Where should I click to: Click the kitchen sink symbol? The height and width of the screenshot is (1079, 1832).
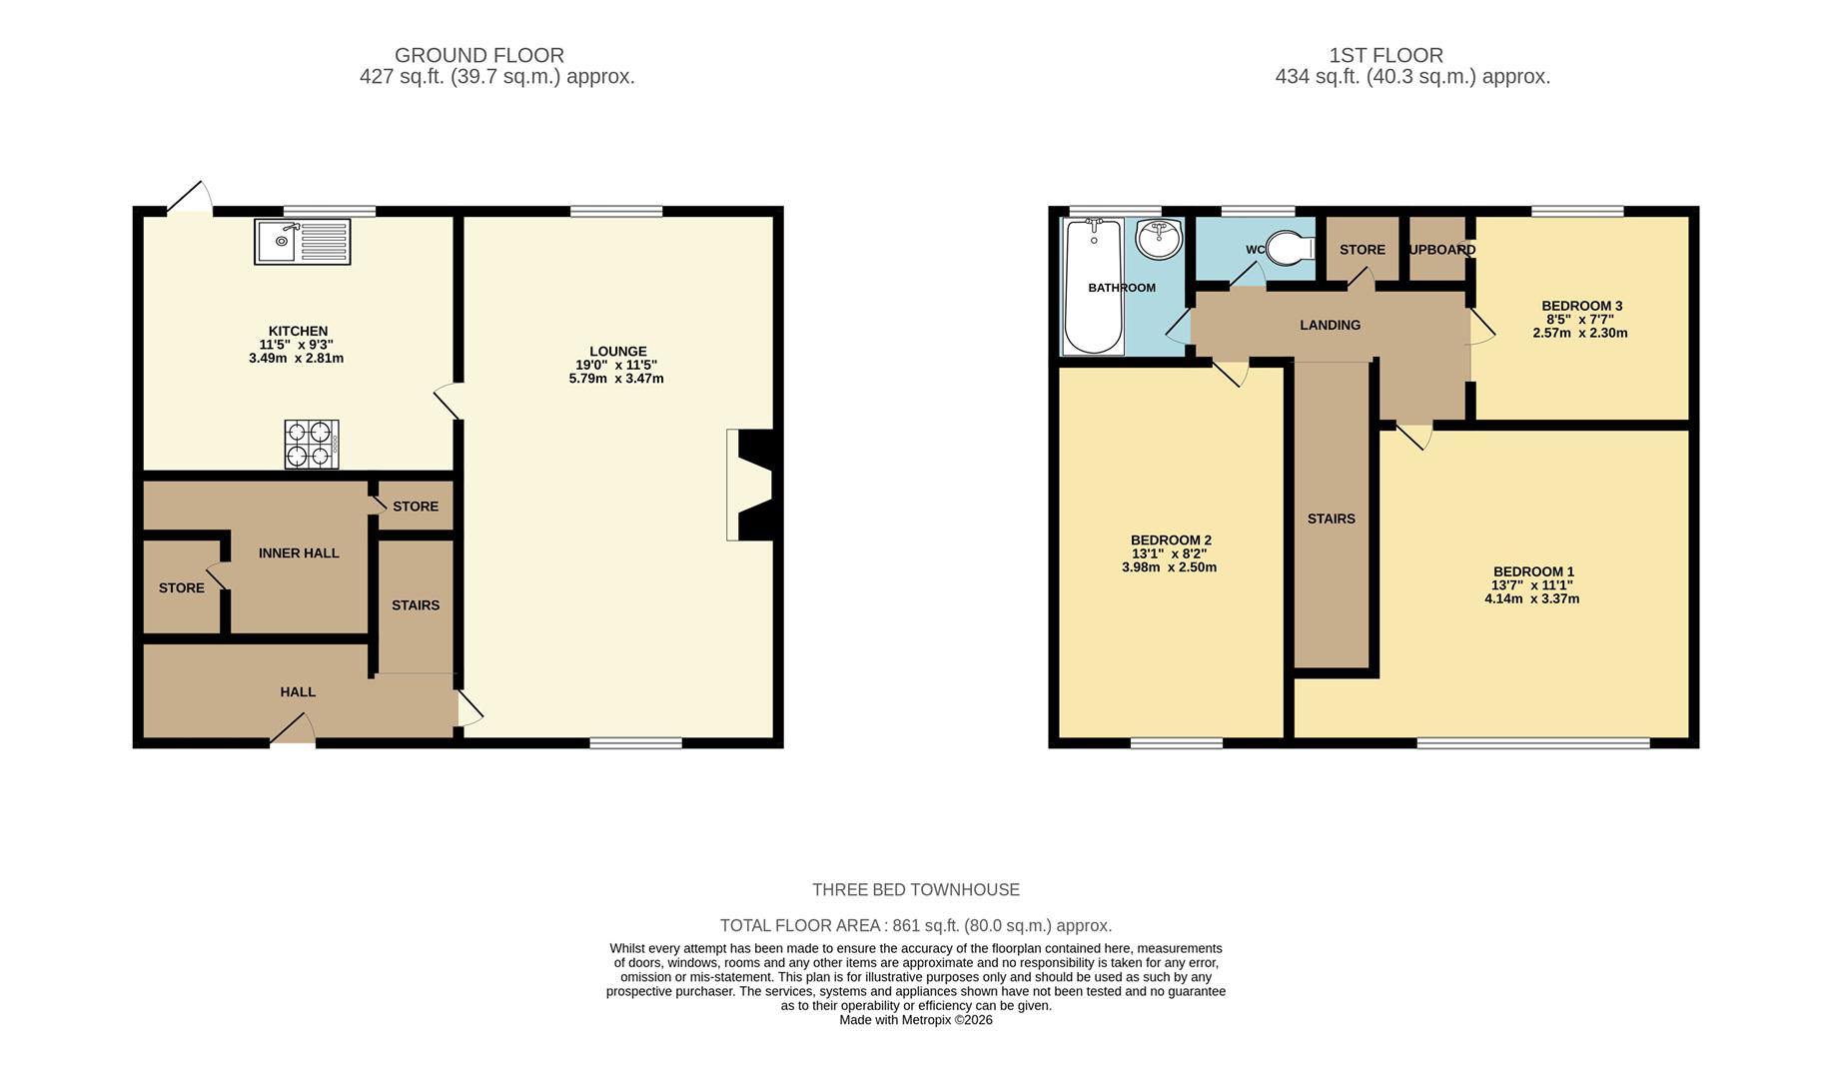click(302, 241)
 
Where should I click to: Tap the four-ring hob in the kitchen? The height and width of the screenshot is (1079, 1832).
click(311, 445)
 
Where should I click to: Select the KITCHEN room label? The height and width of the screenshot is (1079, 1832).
click(298, 331)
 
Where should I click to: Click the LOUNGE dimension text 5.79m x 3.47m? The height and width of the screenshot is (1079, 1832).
click(616, 379)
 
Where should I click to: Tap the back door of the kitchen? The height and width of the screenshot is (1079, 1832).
click(190, 198)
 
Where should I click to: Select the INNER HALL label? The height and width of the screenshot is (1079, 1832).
click(299, 552)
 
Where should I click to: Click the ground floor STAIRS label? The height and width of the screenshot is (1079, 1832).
click(416, 604)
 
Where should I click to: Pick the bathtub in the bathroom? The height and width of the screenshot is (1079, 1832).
click(1093, 287)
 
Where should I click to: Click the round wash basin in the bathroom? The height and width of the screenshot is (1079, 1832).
click(1159, 239)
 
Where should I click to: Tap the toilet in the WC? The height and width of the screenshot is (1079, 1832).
click(1290, 250)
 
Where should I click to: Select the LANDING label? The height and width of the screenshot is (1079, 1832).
click(1330, 325)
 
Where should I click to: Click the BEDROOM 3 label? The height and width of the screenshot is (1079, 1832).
click(1581, 306)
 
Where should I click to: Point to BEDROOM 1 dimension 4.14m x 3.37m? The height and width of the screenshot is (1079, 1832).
click(1531, 598)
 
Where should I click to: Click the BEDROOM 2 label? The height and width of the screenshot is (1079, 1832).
click(1171, 539)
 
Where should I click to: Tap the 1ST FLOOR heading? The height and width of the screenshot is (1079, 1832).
click(1385, 55)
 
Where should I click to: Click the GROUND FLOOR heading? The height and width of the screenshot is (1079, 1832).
click(479, 55)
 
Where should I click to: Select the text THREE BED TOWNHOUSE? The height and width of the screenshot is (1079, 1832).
click(915, 889)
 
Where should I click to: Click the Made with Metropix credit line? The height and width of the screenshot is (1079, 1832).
click(915, 1020)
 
